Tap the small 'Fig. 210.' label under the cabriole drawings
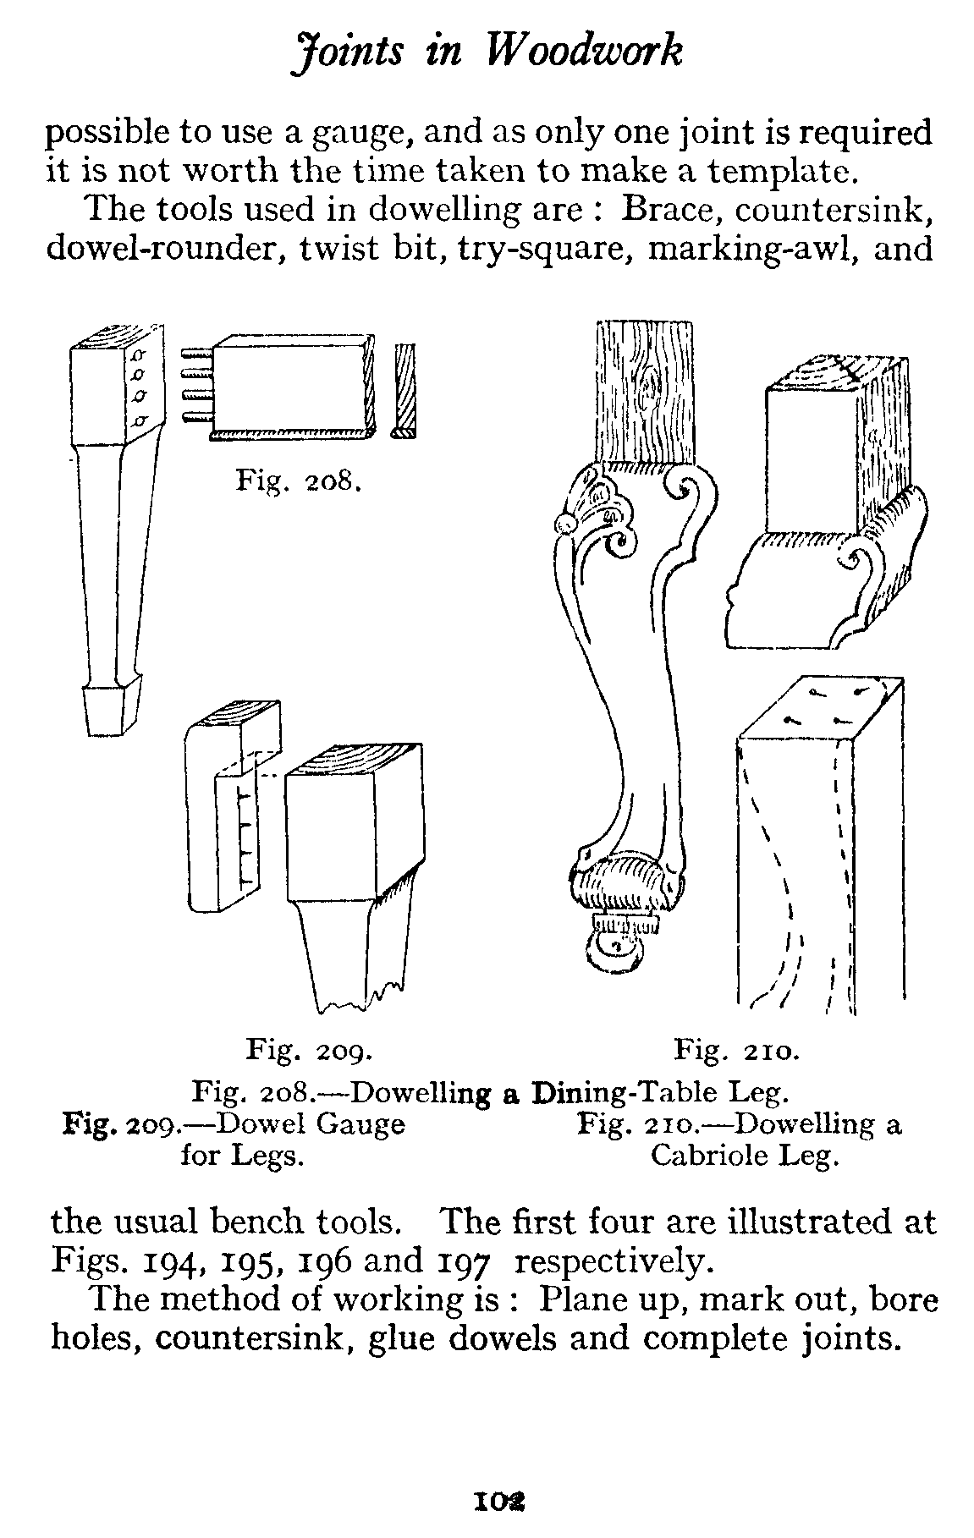click(736, 1051)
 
